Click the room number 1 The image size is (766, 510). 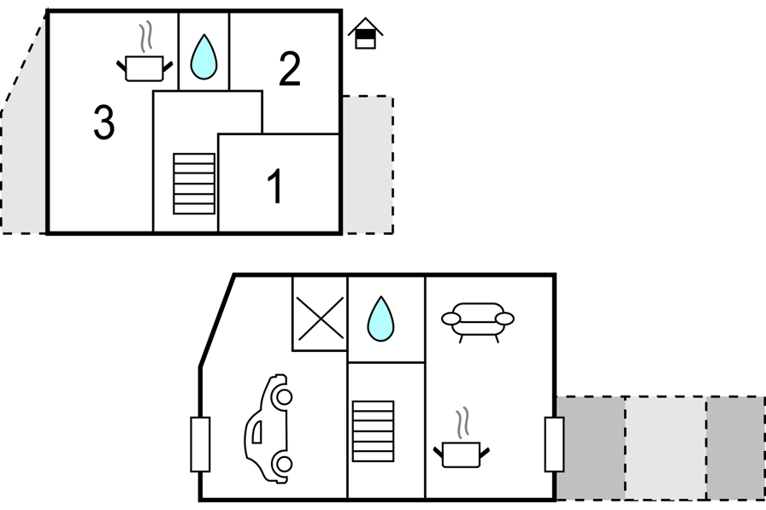coord(274,187)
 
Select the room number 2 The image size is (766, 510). coord(290,70)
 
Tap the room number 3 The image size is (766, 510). coord(103,124)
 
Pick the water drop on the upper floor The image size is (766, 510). coord(203,56)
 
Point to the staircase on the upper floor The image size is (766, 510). coord(194,184)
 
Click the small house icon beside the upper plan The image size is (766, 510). coord(365,34)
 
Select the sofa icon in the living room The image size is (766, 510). coord(478,320)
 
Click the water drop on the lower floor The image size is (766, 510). coord(381,319)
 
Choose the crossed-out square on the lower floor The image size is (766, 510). coord(320,319)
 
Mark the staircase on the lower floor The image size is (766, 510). coord(373,431)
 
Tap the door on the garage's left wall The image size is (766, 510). coord(200,444)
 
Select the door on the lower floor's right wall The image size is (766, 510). coord(554,444)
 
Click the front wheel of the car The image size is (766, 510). coord(281,397)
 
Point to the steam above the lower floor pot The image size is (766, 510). coord(463,423)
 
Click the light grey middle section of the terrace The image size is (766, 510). coord(665,448)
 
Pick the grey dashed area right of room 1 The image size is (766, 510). coord(368,164)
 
